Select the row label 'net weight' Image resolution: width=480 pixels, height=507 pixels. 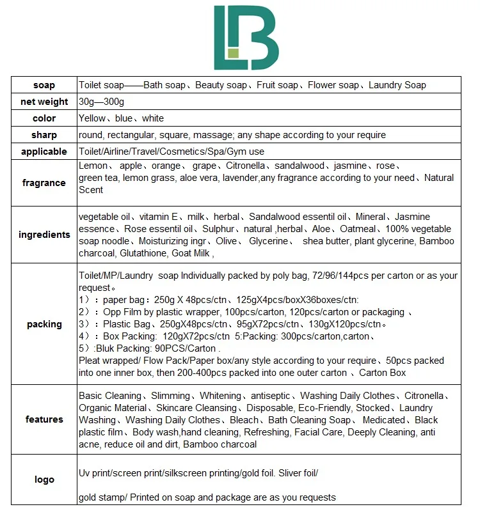(44, 102)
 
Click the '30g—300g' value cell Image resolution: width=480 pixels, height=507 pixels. (101, 102)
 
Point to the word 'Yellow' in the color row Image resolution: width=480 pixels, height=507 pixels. (93, 118)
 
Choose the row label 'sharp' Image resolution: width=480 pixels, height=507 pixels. (44, 135)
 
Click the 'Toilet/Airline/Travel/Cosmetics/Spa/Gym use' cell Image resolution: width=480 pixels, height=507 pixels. (172, 152)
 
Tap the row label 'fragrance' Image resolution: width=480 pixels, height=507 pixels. (44, 183)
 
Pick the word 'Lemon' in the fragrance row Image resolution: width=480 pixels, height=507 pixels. (93, 166)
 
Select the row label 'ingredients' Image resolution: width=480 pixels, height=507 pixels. (44, 235)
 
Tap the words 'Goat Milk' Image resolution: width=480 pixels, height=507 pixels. (191, 253)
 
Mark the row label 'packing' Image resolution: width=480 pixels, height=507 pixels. (44, 324)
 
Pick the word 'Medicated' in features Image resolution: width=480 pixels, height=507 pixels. (383, 420)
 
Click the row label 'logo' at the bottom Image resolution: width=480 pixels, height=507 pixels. (44, 480)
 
